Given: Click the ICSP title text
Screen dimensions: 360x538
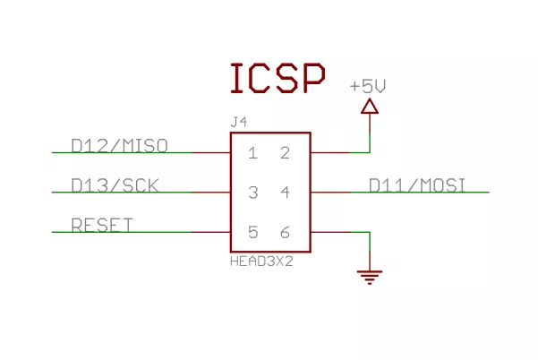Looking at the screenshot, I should [277, 79].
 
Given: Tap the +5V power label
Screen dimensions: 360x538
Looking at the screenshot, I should [368, 87].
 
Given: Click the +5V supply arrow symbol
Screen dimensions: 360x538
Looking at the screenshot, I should [369, 107].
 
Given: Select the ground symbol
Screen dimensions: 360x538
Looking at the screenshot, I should [369, 276].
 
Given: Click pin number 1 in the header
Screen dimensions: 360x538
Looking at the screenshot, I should [252, 153].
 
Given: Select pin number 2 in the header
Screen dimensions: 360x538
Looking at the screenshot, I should [285, 153].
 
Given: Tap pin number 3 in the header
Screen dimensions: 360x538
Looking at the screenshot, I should [252, 193].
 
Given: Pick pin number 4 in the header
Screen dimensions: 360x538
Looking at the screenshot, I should [285, 193].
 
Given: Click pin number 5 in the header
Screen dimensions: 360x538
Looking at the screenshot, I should [252, 233].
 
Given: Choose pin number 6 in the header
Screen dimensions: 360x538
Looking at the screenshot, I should [285, 233].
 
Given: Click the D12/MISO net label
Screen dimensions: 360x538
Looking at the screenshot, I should [120, 145].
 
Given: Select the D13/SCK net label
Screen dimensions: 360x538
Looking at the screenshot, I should [115, 185].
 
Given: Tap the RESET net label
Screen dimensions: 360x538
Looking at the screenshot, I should [102, 225].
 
